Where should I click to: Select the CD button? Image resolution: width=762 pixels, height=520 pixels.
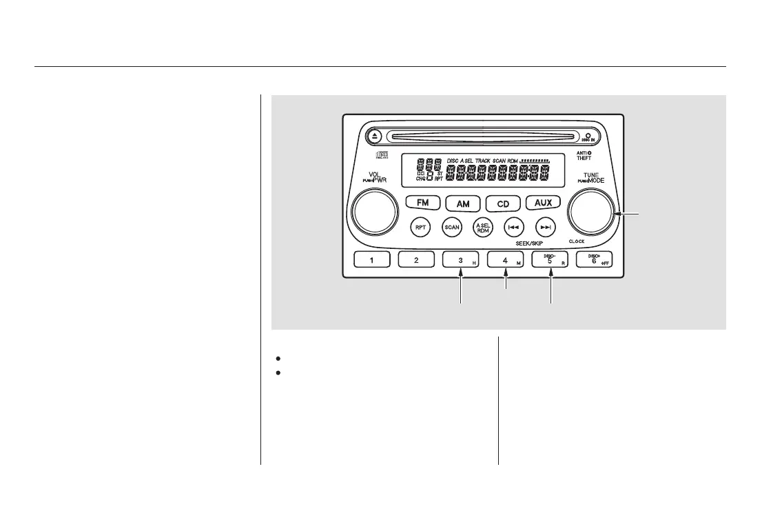tap(503, 204)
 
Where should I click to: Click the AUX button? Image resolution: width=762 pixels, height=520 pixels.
tap(544, 203)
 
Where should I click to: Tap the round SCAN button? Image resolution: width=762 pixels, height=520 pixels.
tap(452, 227)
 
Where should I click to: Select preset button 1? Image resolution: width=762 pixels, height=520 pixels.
tap(372, 261)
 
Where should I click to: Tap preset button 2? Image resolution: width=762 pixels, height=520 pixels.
tap(416, 261)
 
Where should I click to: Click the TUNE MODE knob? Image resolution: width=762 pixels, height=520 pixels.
tap(590, 213)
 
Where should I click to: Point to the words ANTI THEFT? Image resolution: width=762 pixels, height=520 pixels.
tap(584, 154)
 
